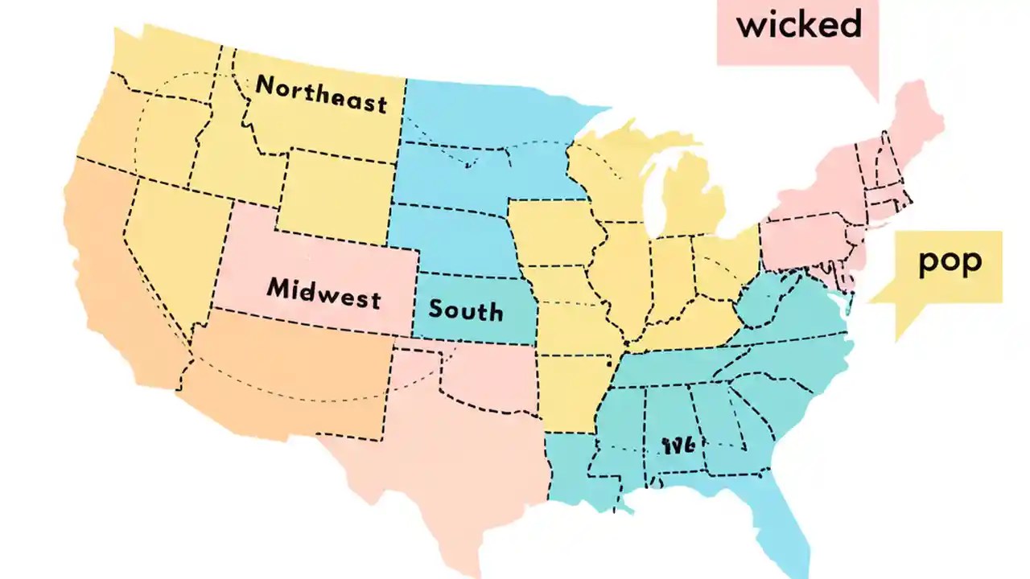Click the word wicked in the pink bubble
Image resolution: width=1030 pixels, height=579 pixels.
click(798, 25)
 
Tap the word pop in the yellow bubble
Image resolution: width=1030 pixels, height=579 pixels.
click(950, 263)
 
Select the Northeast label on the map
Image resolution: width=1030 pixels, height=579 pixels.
click(321, 95)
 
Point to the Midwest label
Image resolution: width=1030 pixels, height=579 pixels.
click(323, 292)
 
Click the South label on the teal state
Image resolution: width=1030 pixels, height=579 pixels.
click(465, 310)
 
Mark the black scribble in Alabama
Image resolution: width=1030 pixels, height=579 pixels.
click(678, 446)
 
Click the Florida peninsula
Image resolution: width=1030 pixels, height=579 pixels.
click(785, 515)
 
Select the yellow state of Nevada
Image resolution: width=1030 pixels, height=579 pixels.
click(165, 241)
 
